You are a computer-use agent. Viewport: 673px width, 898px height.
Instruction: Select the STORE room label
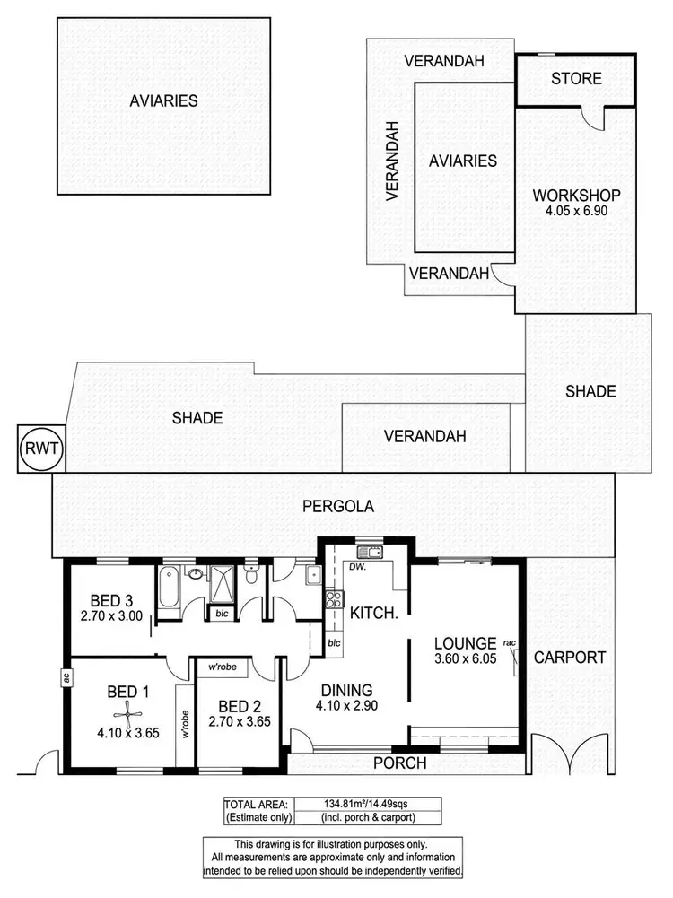576,79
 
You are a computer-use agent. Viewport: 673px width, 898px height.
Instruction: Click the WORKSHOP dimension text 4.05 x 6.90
576,212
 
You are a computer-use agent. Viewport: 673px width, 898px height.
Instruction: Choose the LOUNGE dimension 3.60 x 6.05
465,661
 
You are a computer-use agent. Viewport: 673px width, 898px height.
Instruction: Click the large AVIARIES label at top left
162,100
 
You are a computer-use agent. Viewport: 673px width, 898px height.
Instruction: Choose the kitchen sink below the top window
368,552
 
